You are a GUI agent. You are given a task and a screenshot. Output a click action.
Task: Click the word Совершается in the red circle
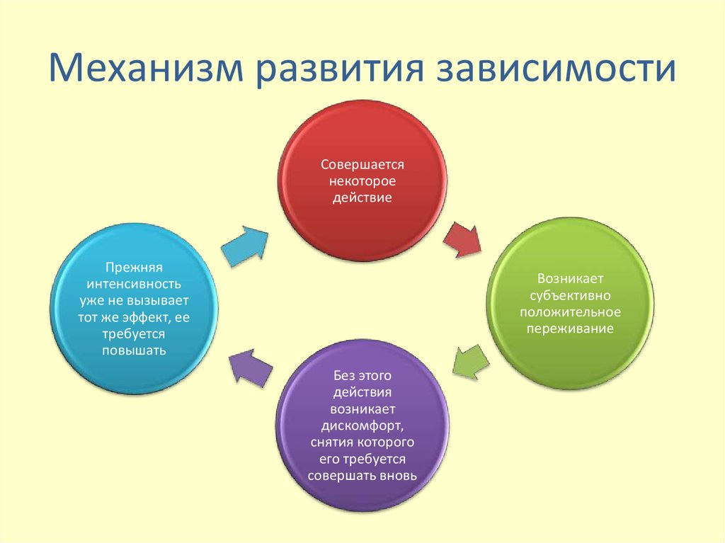[x=362, y=164]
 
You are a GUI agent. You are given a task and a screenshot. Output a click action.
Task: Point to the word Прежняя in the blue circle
[x=135, y=268]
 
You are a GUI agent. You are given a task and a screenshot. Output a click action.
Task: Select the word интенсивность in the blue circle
[x=135, y=284]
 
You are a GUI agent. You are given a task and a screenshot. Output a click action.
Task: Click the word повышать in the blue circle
[x=135, y=350]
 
